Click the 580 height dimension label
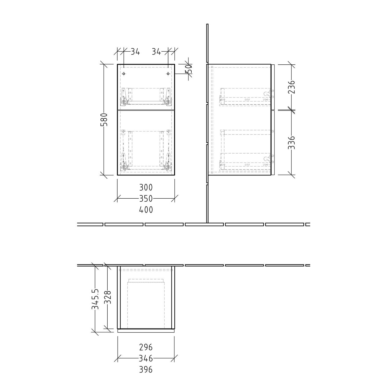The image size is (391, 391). click(x=104, y=120)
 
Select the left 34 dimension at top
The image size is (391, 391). click(x=135, y=52)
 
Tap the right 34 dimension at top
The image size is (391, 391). click(x=156, y=52)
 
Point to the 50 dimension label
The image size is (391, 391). click(x=190, y=69)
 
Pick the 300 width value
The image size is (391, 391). click(x=146, y=187)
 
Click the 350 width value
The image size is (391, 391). click(x=146, y=199)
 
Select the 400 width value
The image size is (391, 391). click(x=146, y=210)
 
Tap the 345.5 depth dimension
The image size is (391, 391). click(x=95, y=299)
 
